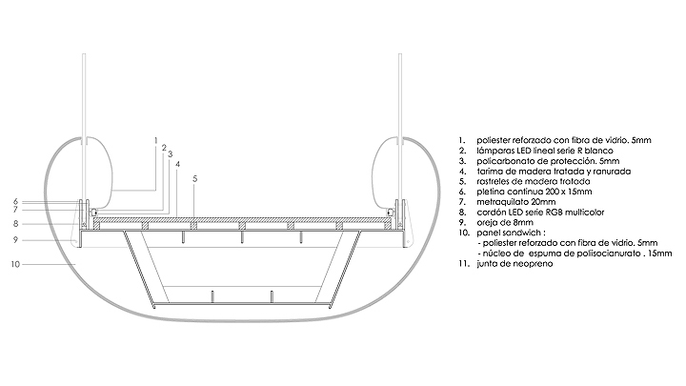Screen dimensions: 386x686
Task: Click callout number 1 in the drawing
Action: [155, 140]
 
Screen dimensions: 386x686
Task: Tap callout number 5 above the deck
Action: [194, 178]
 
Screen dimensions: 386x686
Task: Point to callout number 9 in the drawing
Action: [16, 240]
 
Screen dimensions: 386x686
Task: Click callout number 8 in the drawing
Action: [16, 224]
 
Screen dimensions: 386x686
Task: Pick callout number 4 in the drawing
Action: [178, 164]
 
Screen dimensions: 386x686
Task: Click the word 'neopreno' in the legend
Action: [514, 263]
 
